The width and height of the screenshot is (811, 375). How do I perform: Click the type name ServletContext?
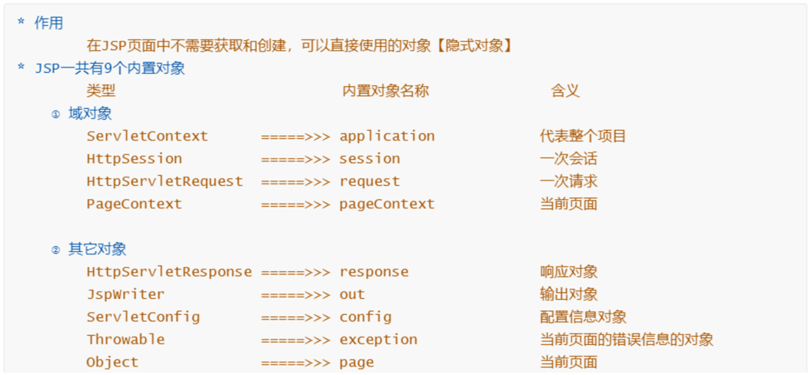pos(147,136)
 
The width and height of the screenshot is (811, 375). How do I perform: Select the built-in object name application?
pos(387,136)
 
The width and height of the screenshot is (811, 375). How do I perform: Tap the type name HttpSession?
pos(134,159)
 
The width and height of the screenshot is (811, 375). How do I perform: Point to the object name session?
pos(370,159)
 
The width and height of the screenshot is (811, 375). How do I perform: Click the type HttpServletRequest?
pos(165,181)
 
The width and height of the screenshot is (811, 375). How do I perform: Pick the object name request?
pos(370,181)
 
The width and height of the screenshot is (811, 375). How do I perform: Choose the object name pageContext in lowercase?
pos(387,204)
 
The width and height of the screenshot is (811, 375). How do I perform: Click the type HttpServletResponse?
pos(169,272)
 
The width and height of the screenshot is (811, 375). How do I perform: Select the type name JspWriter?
pos(125,294)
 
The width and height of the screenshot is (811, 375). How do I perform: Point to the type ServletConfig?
pos(143,317)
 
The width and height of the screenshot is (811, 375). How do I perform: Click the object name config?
pos(365,317)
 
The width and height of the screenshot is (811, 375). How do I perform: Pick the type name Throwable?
pos(125,340)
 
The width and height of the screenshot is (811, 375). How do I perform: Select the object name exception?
pos(378,340)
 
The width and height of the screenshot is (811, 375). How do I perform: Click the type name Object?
pos(112,362)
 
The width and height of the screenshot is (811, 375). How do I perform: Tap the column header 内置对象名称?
pos(385,91)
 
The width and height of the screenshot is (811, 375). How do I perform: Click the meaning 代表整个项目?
pos(583,136)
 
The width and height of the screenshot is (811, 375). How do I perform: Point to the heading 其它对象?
pos(98,249)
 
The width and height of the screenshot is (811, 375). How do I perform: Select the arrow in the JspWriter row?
pos(295,294)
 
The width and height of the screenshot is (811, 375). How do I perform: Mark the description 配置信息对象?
pos(583,317)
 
